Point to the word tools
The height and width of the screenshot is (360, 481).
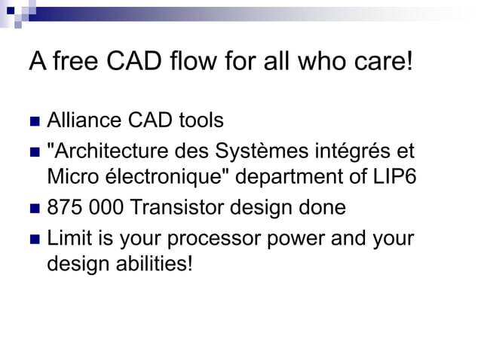[201, 120]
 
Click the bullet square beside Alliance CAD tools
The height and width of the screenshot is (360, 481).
[35, 121]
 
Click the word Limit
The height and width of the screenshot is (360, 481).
[69, 239]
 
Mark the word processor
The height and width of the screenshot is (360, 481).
[213, 239]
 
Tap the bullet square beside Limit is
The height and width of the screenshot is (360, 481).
[35, 240]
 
